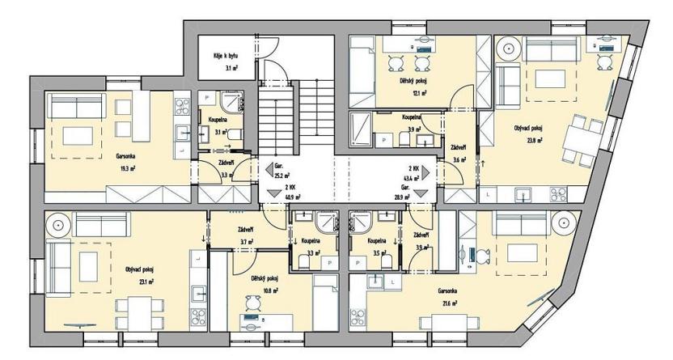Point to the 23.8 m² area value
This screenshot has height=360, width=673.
tap(532, 139)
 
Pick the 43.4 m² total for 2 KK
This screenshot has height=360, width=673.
tap(421, 176)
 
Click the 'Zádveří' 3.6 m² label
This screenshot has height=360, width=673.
tap(459, 154)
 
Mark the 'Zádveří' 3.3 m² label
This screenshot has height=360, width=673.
tap(226, 168)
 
